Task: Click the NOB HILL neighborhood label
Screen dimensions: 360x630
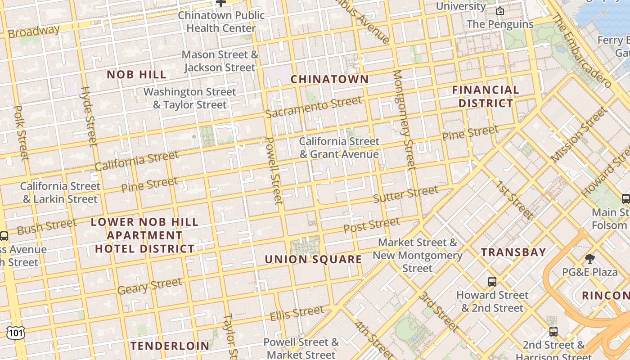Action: [136, 75]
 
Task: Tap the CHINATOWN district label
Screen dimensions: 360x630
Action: [329, 80]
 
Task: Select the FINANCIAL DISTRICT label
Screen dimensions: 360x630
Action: [486, 96]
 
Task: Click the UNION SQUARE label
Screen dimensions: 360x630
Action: [313, 260]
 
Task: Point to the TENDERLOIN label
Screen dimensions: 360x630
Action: [170, 346]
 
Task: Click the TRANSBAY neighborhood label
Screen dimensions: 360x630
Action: [513, 252]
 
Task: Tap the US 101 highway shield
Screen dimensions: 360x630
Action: [15, 333]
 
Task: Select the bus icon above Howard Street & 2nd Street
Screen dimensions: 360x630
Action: [492, 282]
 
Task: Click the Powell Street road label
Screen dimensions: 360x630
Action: [274, 171]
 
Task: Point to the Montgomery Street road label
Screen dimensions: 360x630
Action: [404, 120]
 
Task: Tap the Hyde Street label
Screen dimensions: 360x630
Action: [88, 116]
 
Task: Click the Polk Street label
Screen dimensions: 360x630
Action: [22, 132]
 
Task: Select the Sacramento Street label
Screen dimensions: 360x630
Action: [313, 107]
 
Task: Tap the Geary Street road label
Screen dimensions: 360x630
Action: [149, 286]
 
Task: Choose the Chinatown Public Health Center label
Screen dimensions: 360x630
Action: [221, 22]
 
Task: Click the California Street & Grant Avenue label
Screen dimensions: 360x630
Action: [339, 148]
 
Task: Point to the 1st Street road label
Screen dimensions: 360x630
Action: [515, 200]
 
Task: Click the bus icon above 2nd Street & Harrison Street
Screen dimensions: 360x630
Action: [553, 332]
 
